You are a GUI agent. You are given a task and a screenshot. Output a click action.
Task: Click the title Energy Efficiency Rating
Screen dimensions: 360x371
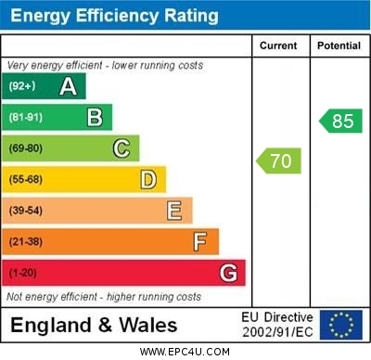(x=114, y=16)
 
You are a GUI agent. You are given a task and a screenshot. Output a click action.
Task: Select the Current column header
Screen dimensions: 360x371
(x=278, y=45)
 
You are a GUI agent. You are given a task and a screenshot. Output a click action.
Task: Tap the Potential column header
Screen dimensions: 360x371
(x=338, y=45)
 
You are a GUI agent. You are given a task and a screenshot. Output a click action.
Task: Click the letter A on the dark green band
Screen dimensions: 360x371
(x=68, y=87)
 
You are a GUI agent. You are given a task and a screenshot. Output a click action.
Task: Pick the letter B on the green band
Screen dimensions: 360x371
(x=95, y=118)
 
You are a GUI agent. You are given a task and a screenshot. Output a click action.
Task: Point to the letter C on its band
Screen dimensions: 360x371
(x=122, y=148)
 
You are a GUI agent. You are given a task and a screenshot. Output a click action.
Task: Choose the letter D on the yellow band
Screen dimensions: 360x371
(x=148, y=179)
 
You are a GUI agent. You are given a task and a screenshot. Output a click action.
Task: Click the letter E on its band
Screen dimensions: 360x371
(x=174, y=211)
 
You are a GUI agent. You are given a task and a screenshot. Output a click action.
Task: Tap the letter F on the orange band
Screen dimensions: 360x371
(x=200, y=242)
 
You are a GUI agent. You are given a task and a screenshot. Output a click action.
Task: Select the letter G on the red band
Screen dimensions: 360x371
(x=228, y=273)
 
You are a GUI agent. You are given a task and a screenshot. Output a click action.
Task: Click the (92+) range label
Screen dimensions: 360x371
(x=22, y=87)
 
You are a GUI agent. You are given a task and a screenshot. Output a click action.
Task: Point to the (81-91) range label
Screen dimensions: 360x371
(x=26, y=118)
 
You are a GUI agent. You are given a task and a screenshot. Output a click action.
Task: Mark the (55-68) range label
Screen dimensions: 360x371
(x=26, y=179)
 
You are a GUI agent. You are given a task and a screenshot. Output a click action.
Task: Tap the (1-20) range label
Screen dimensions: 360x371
(x=24, y=274)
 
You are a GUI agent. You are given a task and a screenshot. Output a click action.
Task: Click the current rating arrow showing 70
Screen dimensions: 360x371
(x=279, y=161)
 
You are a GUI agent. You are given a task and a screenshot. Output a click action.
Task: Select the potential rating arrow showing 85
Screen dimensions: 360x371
(x=339, y=121)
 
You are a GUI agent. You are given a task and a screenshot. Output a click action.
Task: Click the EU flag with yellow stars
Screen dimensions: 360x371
(x=341, y=325)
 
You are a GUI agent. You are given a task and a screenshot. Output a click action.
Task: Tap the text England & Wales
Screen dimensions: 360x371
(x=94, y=326)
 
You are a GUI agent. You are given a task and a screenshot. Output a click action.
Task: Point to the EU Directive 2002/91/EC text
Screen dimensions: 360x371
(x=277, y=325)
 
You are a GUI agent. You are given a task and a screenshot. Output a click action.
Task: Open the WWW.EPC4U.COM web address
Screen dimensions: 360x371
(x=185, y=352)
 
